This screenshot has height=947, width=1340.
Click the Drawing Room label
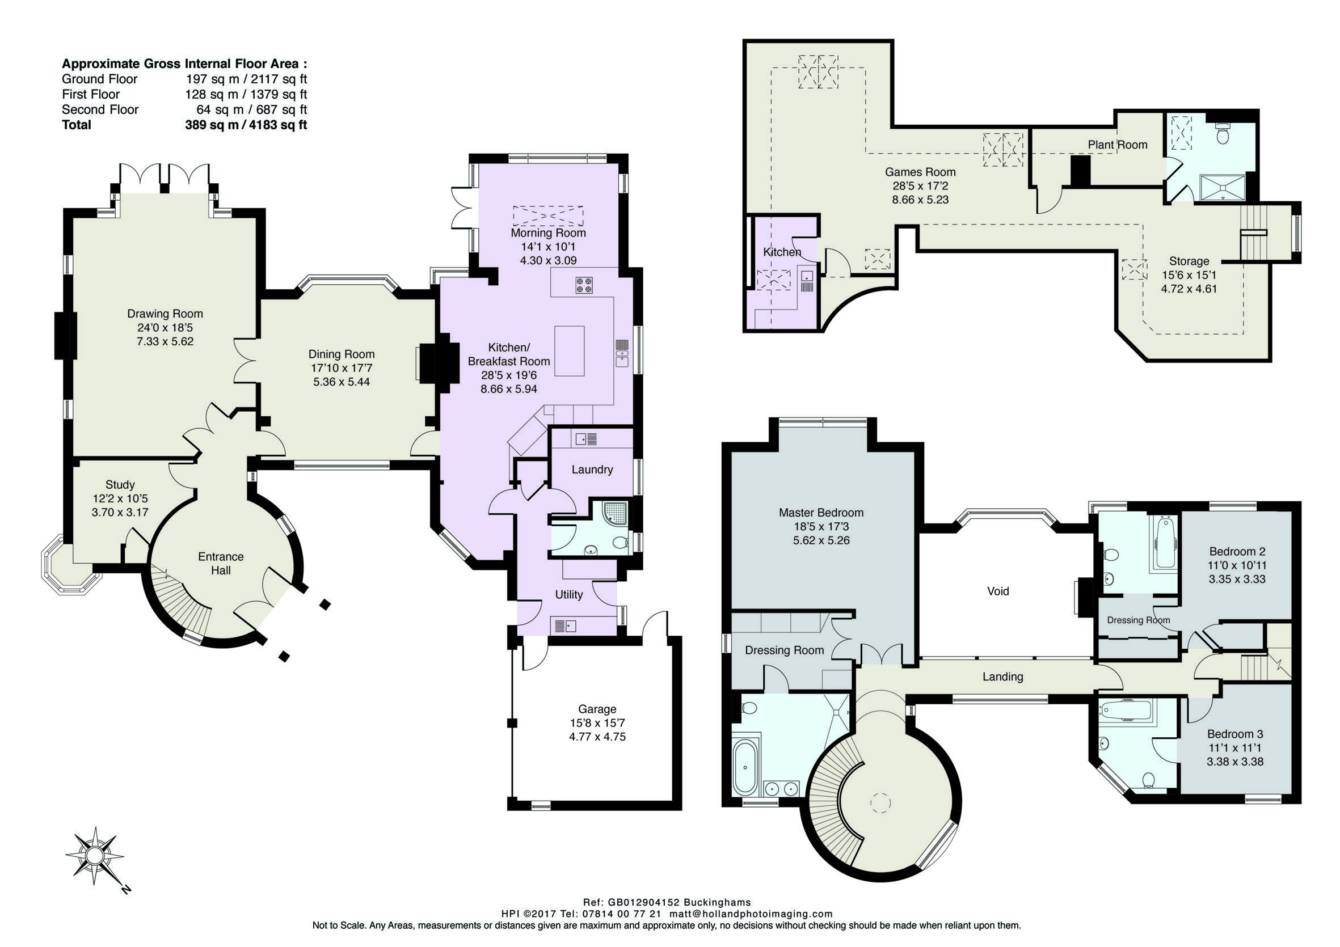(165, 314)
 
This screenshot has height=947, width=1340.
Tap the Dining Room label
(342, 354)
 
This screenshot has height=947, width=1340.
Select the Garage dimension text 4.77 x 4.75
(597, 737)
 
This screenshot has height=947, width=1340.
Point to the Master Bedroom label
(821, 513)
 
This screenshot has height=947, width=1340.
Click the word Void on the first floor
(998, 591)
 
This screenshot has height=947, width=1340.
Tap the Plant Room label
(1117, 145)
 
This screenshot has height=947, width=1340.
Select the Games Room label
(920, 172)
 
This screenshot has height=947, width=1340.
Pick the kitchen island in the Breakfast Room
(569, 350)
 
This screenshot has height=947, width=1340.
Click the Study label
(120, 485)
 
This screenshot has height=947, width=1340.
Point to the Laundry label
(592, 470)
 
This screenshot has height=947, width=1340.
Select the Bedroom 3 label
(1235, 734)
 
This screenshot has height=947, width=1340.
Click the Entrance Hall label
(221, 564)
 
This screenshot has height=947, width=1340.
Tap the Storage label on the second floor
(1189, 261)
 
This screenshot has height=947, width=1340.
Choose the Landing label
(1002, 677)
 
